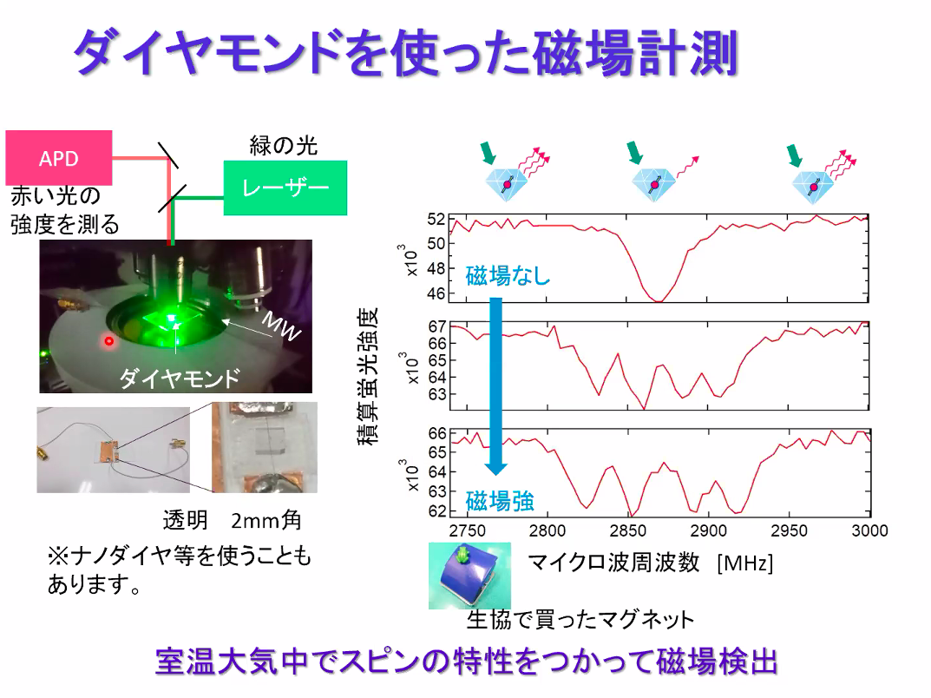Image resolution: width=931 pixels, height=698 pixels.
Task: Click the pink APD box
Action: coord(59,157)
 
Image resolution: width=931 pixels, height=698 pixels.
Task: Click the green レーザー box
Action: coord(285,188)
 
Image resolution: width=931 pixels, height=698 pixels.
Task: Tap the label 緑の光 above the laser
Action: coord(283,146)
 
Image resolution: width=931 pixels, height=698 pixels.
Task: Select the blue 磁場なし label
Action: coord(508,276)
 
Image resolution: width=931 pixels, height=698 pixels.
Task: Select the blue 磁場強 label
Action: coord(500,502)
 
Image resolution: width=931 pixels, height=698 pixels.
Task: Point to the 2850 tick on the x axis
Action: coord(627,530)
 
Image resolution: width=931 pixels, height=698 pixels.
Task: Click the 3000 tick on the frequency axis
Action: coord(869,530)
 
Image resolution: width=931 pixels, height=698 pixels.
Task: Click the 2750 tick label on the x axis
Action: coord(468,530)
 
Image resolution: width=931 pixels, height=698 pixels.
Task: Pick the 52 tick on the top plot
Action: coord(436,219)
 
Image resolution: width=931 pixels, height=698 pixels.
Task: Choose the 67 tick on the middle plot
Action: coord(437,326)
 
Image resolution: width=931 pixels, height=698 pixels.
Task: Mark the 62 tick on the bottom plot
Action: coord(437,510)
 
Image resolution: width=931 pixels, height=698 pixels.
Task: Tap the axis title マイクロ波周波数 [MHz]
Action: coord(650,562)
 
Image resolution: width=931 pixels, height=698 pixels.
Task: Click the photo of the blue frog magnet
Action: coord(469,575)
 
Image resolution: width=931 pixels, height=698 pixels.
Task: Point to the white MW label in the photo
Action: coord(281,326)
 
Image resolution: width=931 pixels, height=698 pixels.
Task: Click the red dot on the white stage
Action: coord(108,341)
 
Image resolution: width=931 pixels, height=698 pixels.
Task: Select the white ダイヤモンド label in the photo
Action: coord(180,378)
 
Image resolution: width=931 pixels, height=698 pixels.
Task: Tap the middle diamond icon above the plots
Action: coord(653,184)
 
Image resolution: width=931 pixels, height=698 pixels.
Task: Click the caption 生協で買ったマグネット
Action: coord(580,620)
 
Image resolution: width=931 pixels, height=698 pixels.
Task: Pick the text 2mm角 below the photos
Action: coord(266,520)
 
